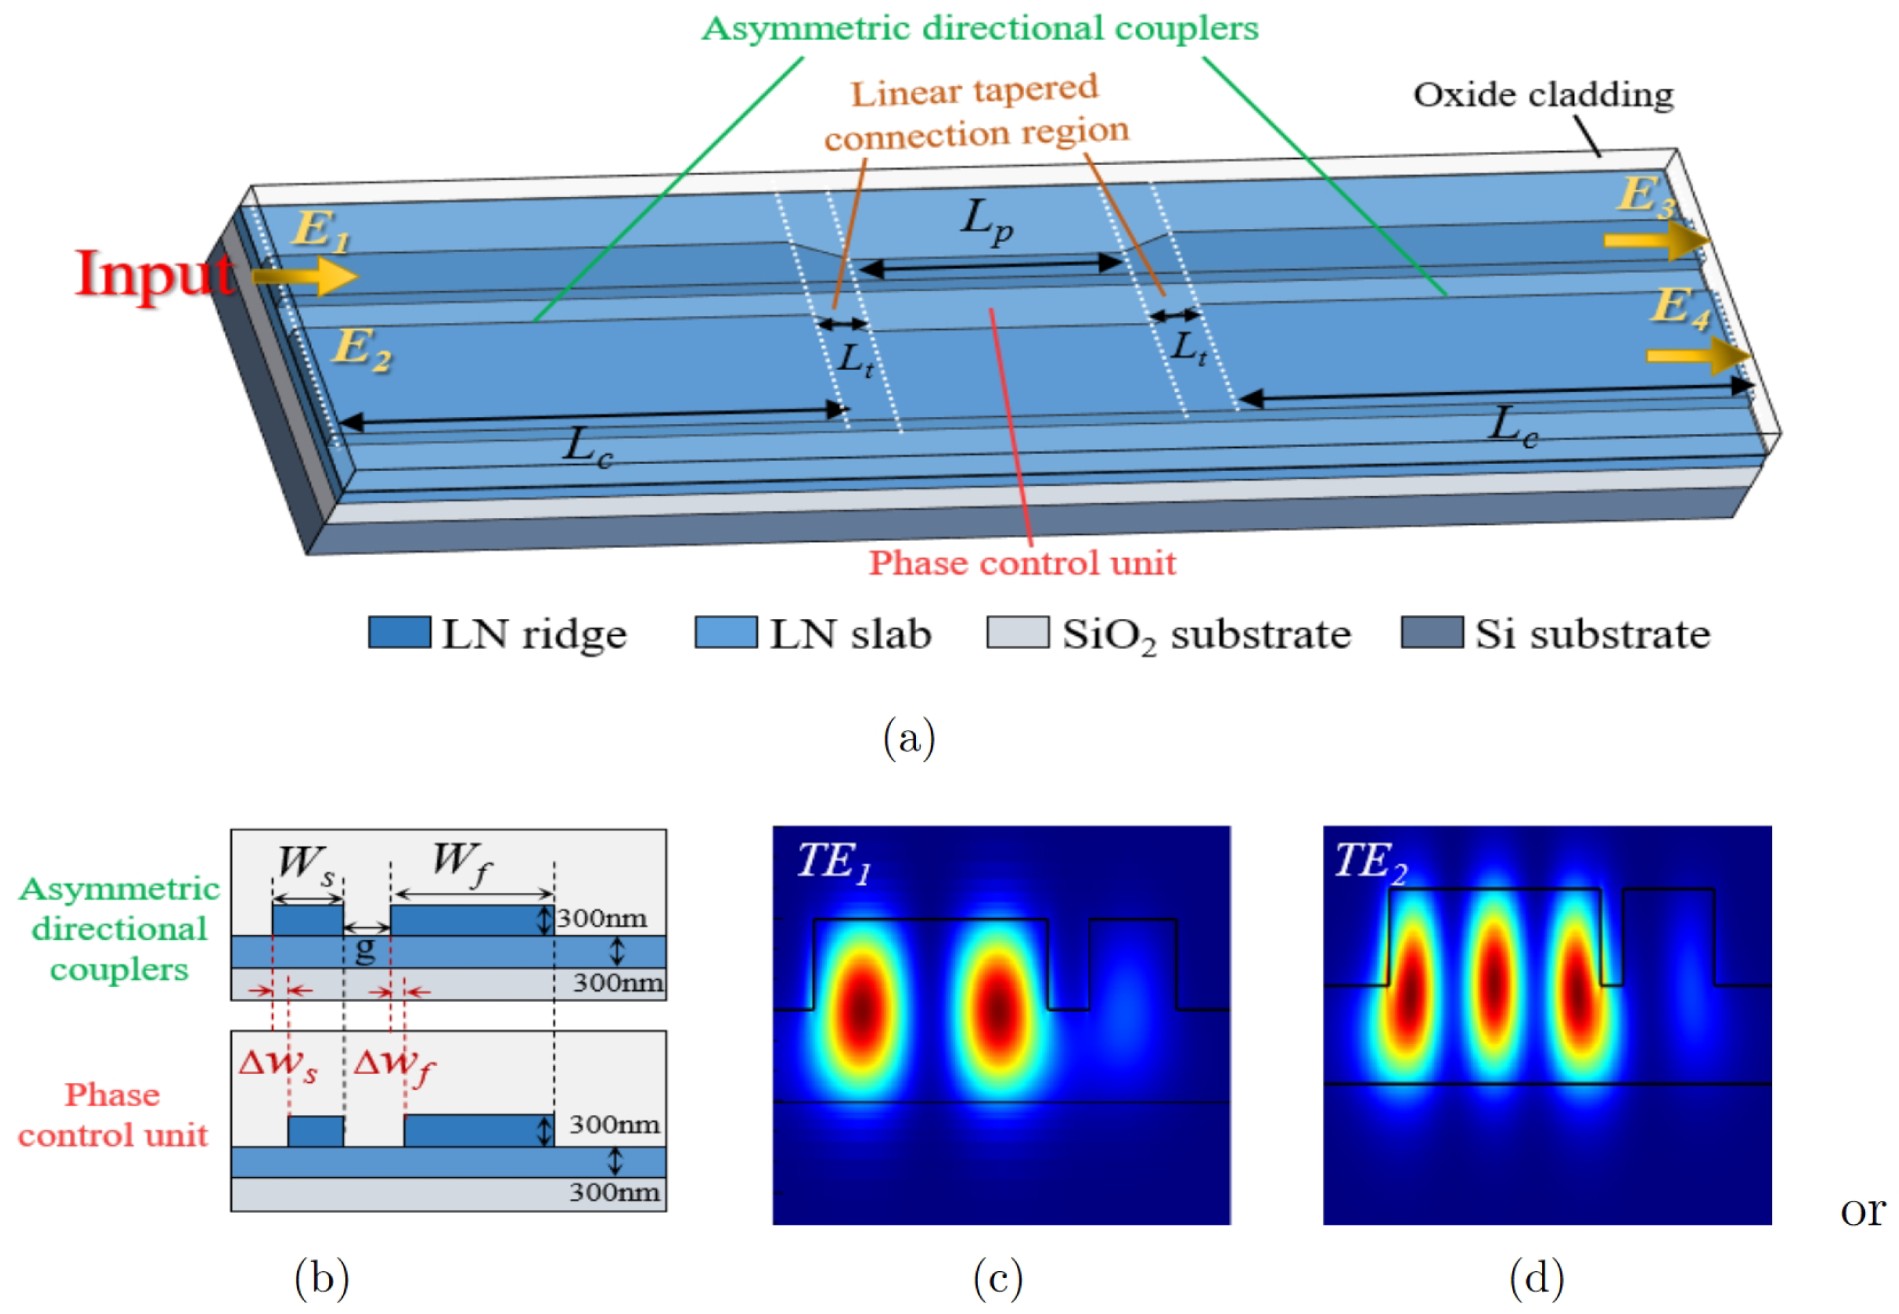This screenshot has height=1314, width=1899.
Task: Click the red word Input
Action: click(154, 274)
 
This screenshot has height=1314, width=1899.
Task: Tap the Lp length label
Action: click(986, 222)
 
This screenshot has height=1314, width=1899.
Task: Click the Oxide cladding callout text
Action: click(1543, 95)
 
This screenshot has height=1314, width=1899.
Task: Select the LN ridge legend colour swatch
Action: click(399, 632)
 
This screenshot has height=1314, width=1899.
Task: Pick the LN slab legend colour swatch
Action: click(725, 632)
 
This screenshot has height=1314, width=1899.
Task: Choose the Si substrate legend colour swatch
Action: click(1432, 632)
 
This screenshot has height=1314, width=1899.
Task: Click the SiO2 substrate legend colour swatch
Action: click(1018, 632)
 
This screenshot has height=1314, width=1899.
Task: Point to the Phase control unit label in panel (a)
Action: click(1022, 564)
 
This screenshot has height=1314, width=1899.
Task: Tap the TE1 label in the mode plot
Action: click(834, 862)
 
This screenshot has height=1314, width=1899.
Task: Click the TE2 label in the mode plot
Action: click(1370, 862)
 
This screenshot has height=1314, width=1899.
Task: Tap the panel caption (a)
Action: click(909, 737)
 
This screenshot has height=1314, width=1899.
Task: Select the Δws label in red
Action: click(277, 1065)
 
